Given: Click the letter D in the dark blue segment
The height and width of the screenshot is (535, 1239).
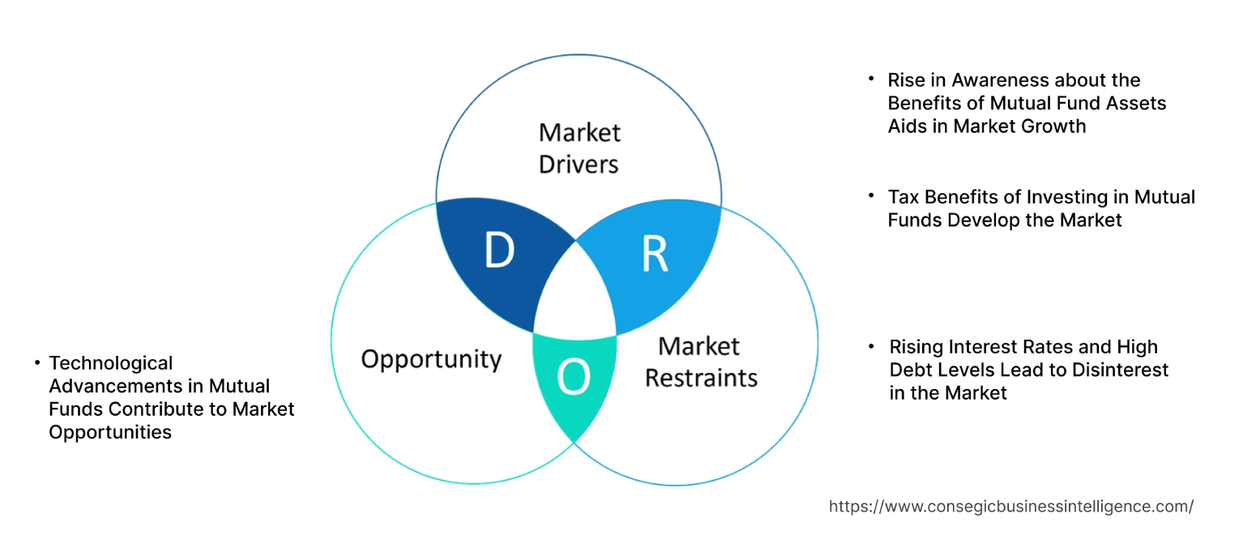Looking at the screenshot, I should coord(499,251).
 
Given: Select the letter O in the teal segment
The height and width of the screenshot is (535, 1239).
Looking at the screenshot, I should coord(574,378).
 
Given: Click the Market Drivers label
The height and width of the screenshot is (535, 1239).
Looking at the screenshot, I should coord(579,148).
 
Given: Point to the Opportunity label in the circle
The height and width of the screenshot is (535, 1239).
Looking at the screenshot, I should coord(431,359).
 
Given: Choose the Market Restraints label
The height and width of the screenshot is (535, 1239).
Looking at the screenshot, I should coord(701,362).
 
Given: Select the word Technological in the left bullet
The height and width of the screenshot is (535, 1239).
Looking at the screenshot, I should coord(111,363).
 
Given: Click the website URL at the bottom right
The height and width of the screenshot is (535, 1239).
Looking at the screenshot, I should coord(1010,507).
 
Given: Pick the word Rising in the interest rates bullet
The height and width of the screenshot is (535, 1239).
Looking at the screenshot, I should coord(916,347).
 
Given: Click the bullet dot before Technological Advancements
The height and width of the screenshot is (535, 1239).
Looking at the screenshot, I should coord(37,363).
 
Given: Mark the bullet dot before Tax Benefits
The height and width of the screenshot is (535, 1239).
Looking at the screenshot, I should coord(871,196).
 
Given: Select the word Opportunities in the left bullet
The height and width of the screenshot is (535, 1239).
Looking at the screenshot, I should coord(110,432).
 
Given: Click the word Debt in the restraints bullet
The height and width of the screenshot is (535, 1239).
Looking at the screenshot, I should coord(909,370).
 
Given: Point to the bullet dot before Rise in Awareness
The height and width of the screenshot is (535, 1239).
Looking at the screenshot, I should coord(871,79).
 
